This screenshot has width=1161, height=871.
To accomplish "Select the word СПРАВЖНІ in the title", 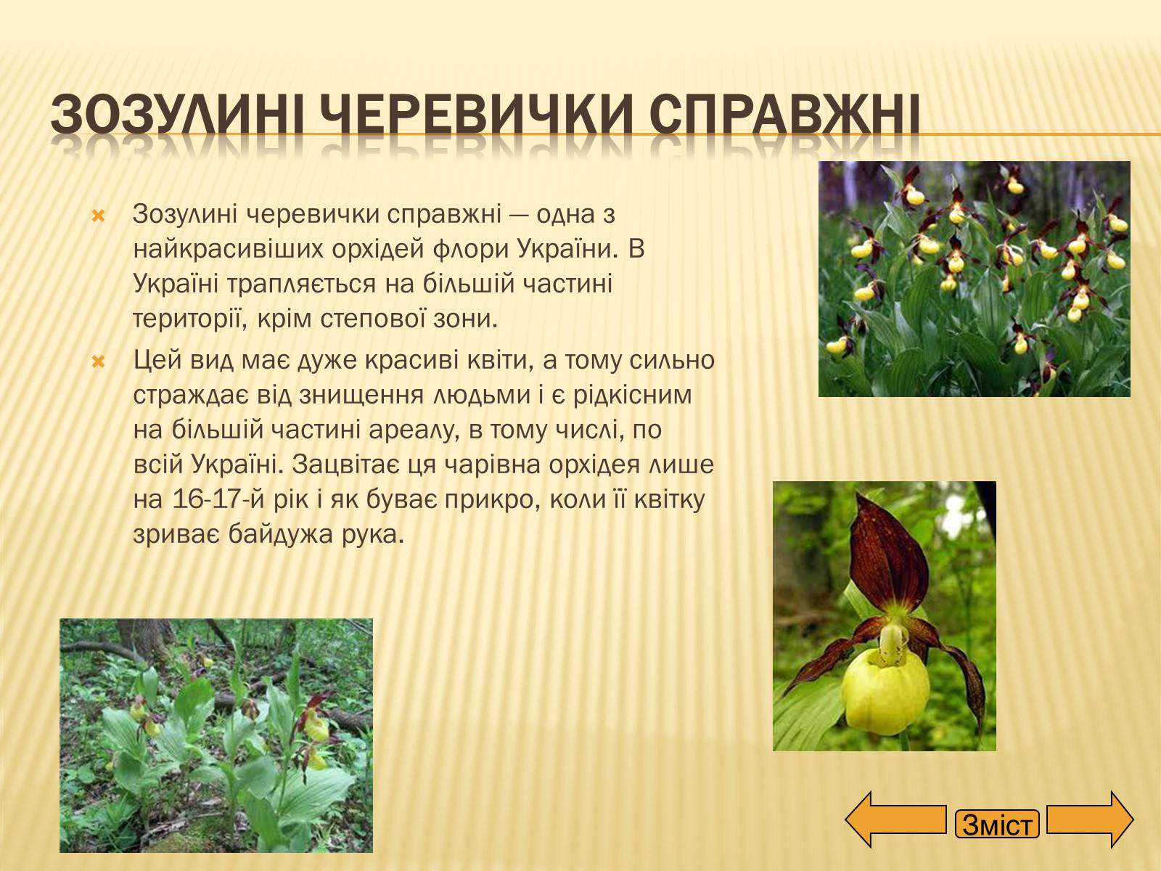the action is click(784, 113).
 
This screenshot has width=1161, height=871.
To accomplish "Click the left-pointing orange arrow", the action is click(895, 819).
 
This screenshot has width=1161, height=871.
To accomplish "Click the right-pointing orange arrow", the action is click(1090, 819).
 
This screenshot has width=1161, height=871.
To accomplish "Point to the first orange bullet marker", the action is click(99, 216).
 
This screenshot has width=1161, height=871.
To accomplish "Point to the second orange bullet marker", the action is click(99, 361).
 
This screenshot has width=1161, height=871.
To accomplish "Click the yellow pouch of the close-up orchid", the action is click(885, 692).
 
